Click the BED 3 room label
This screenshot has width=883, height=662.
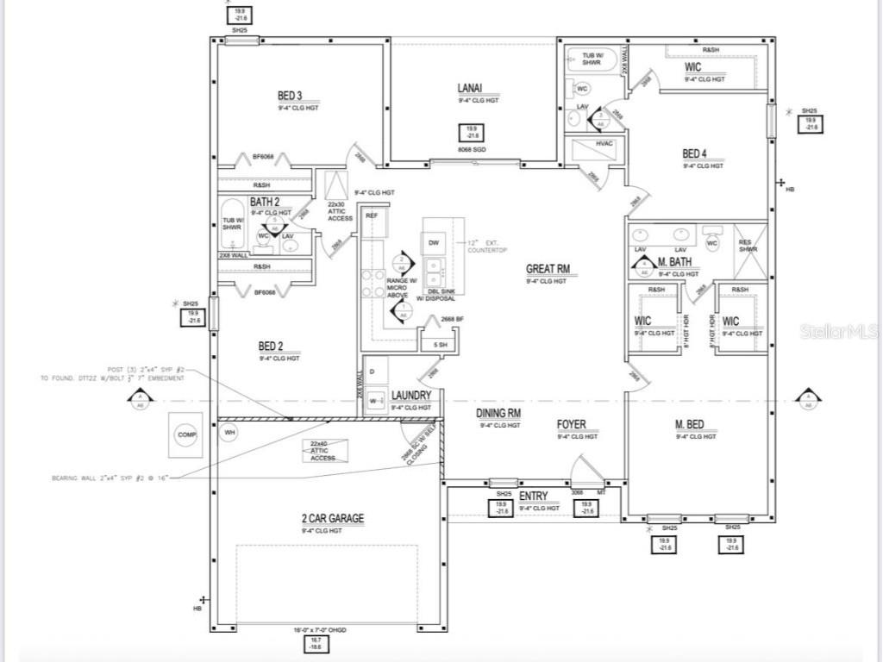(x=290, y=96)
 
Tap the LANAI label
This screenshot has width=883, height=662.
(x=470, y=88)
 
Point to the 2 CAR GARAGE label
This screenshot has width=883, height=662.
(x=332, y=519)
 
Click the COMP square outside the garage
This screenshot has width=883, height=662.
(x=187, y=435)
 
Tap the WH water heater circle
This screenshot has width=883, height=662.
(x=229, y=431)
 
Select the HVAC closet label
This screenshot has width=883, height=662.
(x=604, y=143)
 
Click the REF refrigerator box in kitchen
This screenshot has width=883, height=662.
(x=372, y=215)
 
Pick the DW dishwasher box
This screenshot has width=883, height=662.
(x=433, y=243)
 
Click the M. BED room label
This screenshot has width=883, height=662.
(x=689, y=424)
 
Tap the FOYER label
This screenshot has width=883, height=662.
(x=571, y=424)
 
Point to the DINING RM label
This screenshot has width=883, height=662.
(x=498, y=414)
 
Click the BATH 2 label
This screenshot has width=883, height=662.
(x=265, y=202)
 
